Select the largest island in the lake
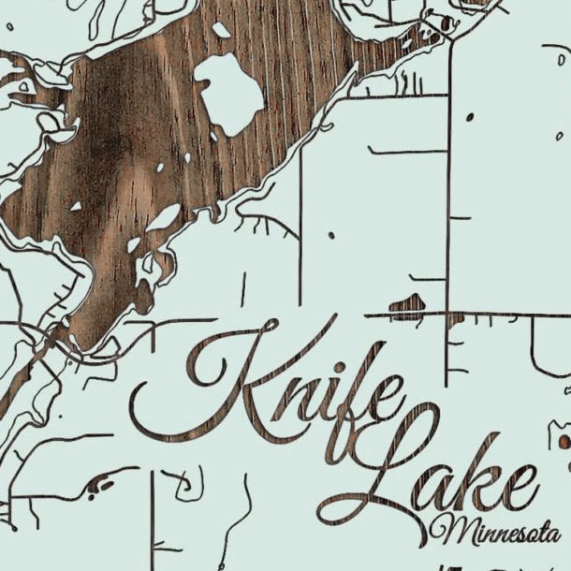[x=230, y=92]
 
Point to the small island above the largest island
[x=222, y=30]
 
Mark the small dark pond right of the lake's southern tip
[x=407, y=302]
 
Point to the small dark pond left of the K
[x=98, y=485]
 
